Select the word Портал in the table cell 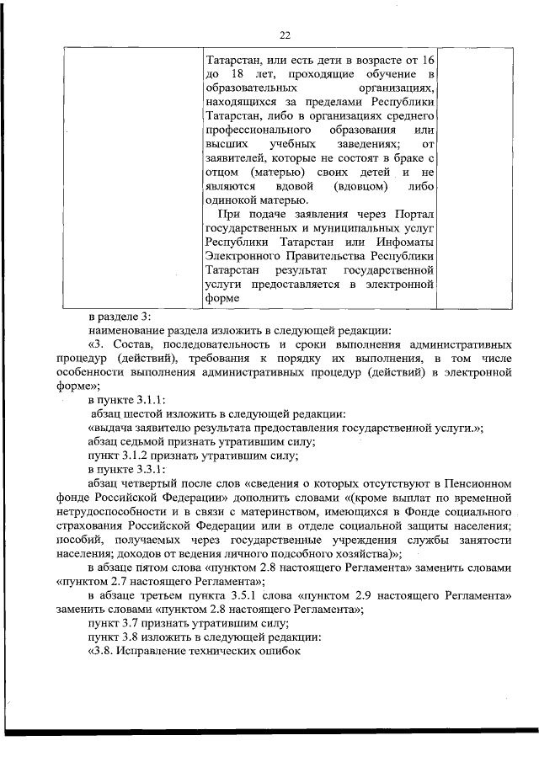click(408, 214)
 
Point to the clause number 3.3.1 click(149, 470)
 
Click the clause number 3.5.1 click(249, 595)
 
